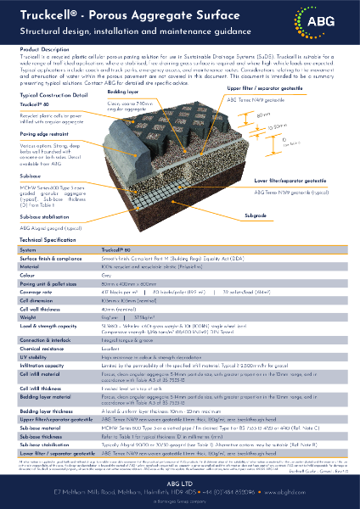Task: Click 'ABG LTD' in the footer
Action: coord(179,478)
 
